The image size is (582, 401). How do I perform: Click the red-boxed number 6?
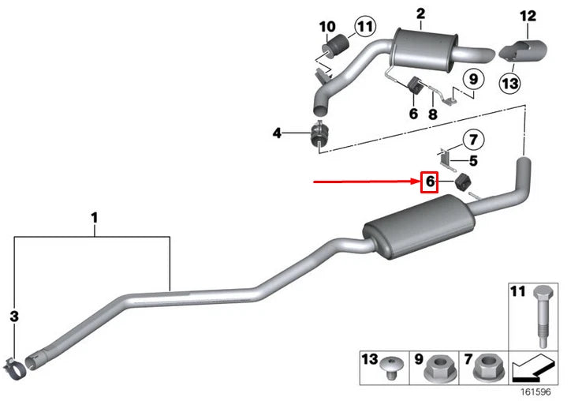[x=429, y=182]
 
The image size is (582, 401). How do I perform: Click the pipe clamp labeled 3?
[x=17, y=364]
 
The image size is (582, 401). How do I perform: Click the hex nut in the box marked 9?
[x=438, y=366]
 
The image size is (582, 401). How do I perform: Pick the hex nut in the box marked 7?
[x=483, y=366]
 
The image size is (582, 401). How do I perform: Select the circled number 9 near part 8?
[x=472, y=79]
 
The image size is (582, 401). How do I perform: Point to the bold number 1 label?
[x=94, y=215]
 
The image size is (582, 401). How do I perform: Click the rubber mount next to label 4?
[x=320, y=134]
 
